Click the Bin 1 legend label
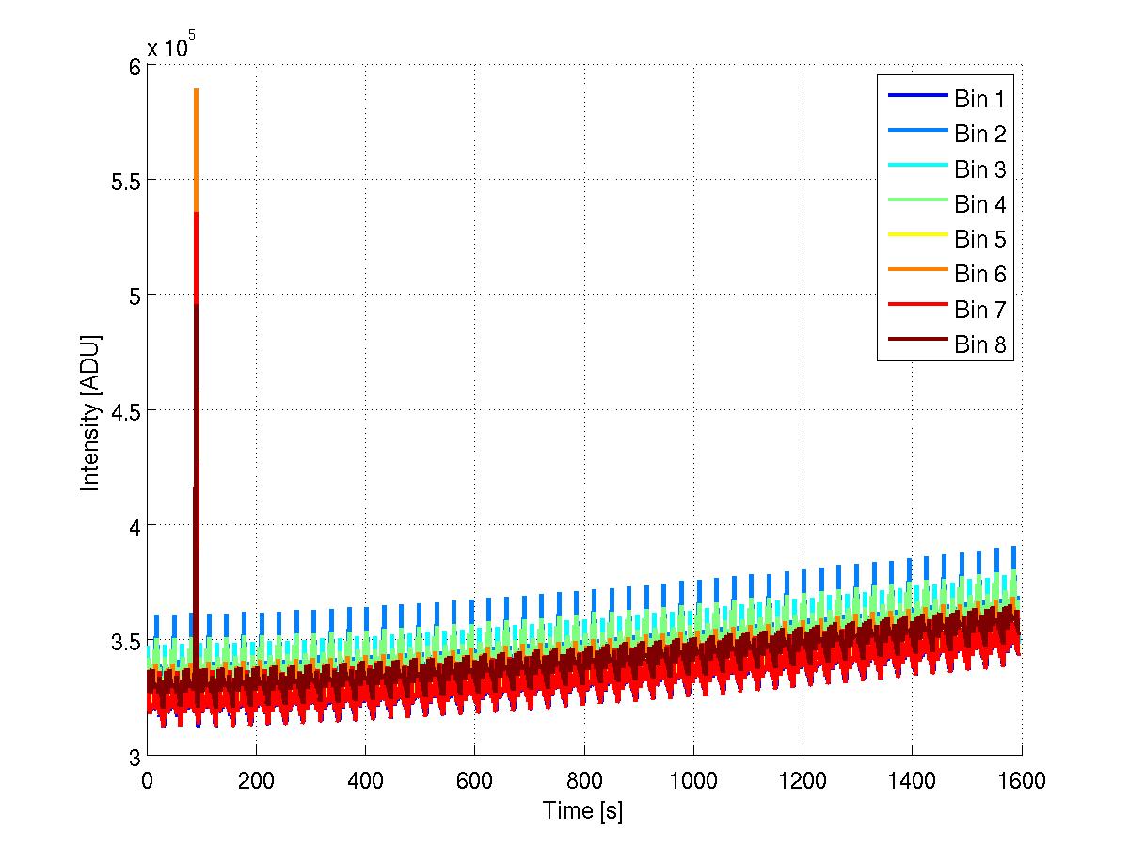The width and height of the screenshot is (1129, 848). point(979,99)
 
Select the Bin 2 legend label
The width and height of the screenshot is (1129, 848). point(979,134)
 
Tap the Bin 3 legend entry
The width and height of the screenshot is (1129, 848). point(979,169)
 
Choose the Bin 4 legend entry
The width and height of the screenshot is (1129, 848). point(979,204)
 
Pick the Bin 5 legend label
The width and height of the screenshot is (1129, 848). point(979,239)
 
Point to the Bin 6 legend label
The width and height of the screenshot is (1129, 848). point(979,274)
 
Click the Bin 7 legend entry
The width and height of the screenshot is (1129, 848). point(979,310)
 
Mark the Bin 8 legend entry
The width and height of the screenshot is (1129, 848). point(979,344)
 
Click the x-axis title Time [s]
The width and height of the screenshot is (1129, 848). point(582,810)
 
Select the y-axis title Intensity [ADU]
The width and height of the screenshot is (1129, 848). point(90,411)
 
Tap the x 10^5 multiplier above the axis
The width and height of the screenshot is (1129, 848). point(170,47)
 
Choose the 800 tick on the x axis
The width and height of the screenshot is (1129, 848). point(584,780)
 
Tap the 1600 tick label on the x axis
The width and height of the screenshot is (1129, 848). point(1021,780)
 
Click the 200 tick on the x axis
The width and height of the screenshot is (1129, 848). point(256,780)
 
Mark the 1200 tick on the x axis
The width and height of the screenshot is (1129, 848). point(803,780)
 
